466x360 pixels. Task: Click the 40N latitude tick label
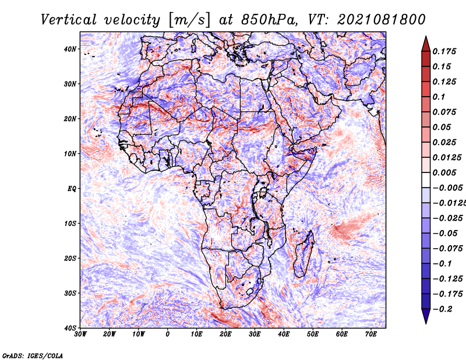70,49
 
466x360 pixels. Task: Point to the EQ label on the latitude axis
72,189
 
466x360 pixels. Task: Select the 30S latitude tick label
70,294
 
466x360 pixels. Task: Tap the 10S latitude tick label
70,224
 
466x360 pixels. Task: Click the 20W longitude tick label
110,334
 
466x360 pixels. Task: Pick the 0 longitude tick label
168,334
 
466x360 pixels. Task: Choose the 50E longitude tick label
313,334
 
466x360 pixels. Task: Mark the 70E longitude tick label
371,334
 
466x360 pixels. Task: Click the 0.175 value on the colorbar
444,51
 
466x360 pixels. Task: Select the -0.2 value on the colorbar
442,309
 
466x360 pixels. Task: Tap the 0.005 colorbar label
444,172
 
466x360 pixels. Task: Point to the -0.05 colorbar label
445,234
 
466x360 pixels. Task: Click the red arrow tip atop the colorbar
426,37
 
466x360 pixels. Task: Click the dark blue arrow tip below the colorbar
426,323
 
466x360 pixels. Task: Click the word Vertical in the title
69,20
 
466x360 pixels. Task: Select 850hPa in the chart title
269,20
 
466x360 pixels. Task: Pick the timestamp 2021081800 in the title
382,20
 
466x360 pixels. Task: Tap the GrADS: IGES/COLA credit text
33,356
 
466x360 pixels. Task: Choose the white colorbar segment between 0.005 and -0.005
426,180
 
